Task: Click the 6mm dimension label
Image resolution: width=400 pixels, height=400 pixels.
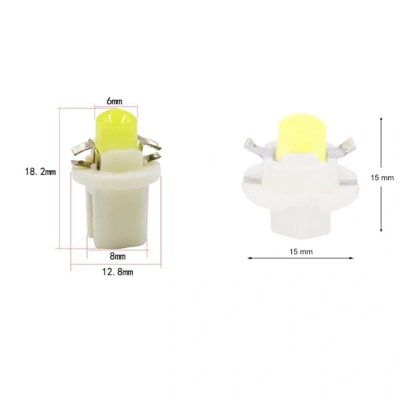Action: coord(114,101)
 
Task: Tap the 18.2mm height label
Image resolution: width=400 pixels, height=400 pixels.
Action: coord(40,172)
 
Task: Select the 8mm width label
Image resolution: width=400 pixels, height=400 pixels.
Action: coord(117,256)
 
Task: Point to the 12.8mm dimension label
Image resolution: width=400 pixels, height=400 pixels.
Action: coord(117,272)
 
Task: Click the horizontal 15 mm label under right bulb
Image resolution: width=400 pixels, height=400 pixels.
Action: coord(301,252)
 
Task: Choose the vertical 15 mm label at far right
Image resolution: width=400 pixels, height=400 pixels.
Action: coord(382,177)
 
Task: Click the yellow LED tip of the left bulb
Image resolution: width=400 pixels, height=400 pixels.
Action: coord(116,130)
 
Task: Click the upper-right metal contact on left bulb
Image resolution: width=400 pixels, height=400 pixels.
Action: coord(149,143)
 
